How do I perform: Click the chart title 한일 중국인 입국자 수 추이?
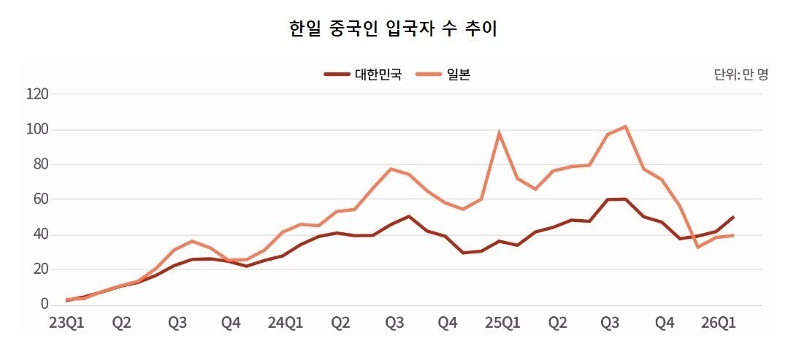tap(394, 29)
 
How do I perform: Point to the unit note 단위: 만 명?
tap(740, 74)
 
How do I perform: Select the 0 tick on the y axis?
tap(43, 305)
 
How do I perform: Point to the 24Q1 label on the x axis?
tap(285, 322)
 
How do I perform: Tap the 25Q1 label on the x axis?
tap(502, 322)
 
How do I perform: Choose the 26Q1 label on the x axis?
tap(717, 322)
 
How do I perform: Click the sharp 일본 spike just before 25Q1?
tap(499, 133)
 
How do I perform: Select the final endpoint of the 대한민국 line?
tap(733, 217)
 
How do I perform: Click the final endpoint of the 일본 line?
tap(733, 235)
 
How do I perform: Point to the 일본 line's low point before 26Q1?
tap(697, 247)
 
